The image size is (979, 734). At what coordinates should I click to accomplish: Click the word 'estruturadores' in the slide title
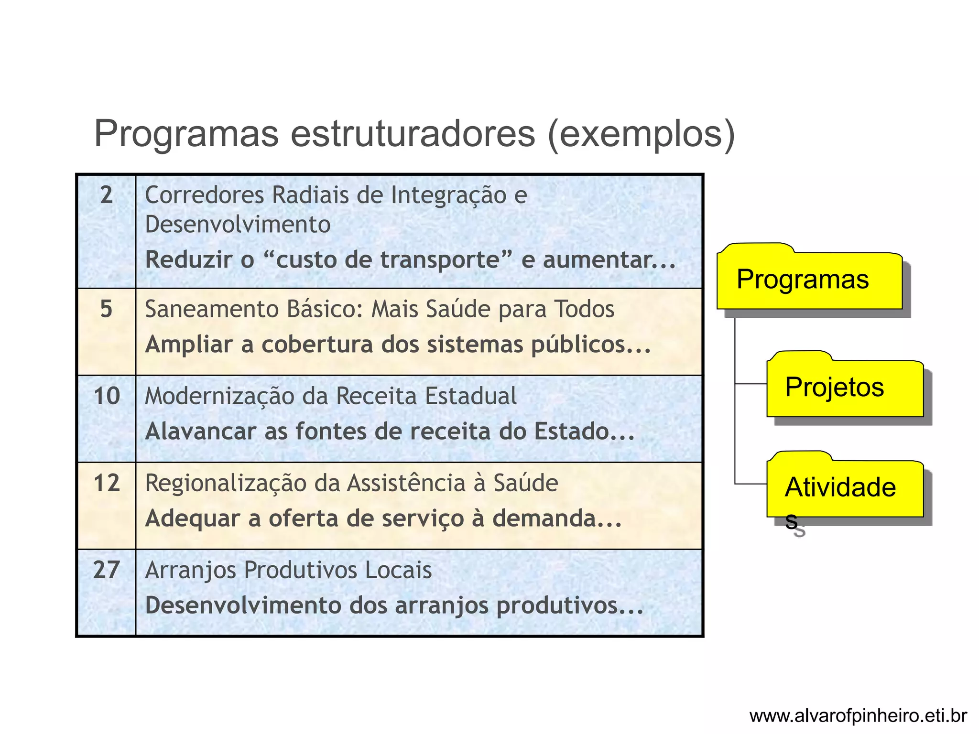[413, 133]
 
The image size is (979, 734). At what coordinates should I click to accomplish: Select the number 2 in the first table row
[106, 195]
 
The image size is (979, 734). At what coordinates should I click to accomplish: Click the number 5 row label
[106, 309]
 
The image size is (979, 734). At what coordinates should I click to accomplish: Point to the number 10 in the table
[106, 396]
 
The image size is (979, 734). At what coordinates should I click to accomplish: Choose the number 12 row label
[106, 483]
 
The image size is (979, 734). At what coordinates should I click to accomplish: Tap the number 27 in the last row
[106, 570]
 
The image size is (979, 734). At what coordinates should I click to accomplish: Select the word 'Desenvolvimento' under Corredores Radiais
[238, 225]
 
